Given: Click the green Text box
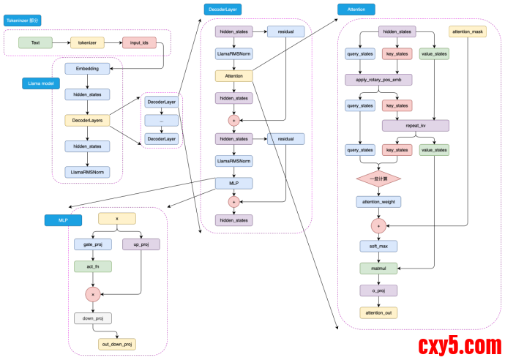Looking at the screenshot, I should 35,43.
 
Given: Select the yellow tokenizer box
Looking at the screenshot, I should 87,43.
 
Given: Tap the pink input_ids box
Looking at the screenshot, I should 139,43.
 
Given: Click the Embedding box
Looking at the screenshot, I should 87,69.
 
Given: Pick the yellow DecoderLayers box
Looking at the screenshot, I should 87,120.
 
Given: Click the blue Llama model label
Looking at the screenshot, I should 41,83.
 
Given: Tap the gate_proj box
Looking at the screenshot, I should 92,244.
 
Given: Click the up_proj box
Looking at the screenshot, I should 141,244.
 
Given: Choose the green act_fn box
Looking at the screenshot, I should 92,266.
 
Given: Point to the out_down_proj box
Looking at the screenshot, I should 116,344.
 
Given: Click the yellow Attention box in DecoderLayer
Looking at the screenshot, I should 233,75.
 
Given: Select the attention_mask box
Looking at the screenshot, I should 467,32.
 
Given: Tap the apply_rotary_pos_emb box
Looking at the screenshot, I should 378,80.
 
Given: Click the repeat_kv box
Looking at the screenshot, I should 415,126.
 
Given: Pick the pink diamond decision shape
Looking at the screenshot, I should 378,178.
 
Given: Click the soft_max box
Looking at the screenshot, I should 378,246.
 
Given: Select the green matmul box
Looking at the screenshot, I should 378,269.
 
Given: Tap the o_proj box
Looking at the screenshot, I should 378,290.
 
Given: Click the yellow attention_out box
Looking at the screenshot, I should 378,312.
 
